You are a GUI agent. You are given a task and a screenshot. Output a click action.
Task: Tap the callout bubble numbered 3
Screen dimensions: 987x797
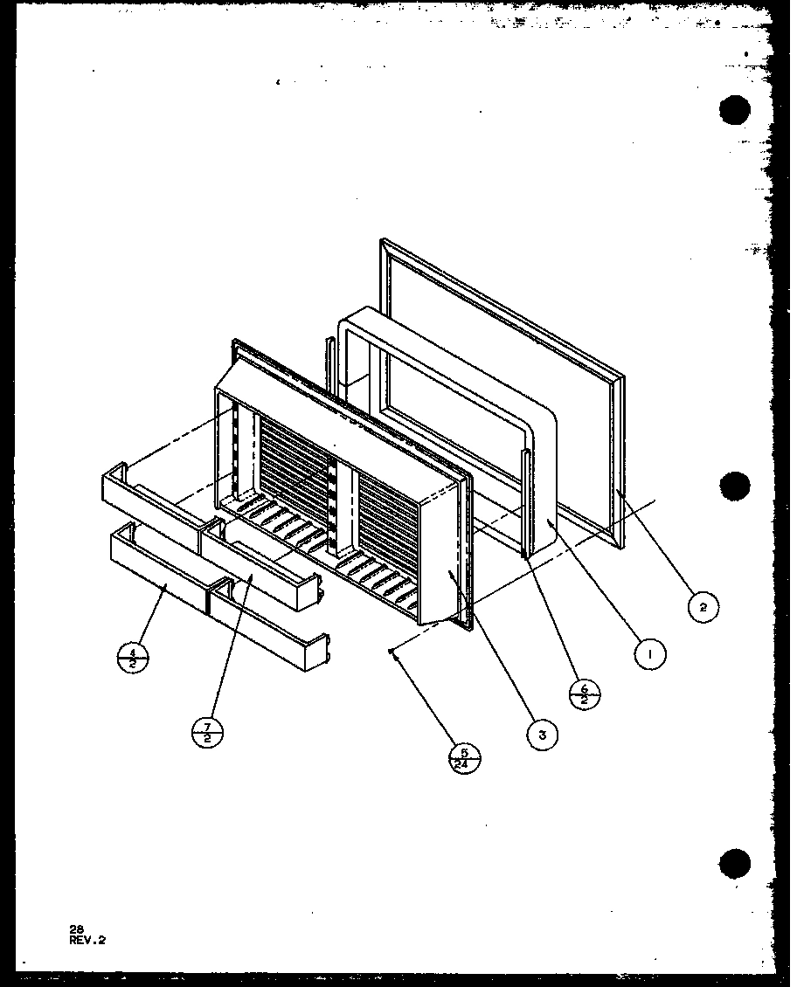tap(542, 735)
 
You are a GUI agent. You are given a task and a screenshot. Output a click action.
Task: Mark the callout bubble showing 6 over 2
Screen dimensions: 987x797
tap(585, 693)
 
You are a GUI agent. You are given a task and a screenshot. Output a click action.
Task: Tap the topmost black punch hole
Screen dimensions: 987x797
tap(736, 112)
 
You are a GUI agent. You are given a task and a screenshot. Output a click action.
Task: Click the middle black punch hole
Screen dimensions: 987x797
tap(736, 486)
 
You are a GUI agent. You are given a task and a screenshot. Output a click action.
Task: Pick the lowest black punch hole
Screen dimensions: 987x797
tap(736, 863)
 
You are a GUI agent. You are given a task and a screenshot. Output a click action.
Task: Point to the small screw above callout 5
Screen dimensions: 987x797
tap(394, 651)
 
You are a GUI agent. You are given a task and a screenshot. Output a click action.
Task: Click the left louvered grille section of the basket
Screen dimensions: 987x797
tap(293, 463)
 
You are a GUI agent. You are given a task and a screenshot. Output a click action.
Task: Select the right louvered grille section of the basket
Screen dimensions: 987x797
tap(389, 515)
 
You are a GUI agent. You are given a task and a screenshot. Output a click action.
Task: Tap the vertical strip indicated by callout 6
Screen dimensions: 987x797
tap(525, 502)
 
